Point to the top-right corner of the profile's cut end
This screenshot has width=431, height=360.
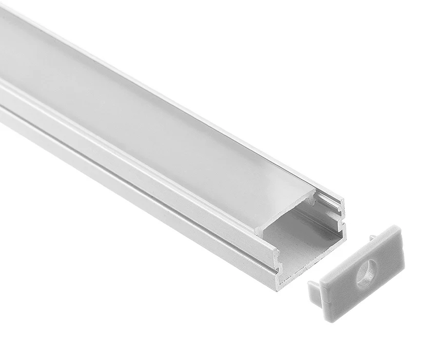tap(343, 200)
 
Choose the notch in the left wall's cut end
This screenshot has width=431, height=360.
tap(277, 262)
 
